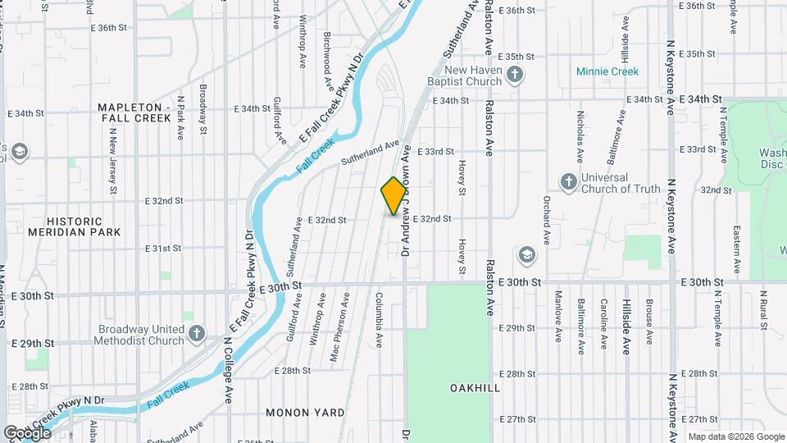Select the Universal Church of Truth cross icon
pyautogui.click(x=567, y=182)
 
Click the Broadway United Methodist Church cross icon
pyautogui.click(x=196, y=335)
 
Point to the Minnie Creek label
pyautogui.click(x=607, y=71)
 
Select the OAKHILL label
pyautogui.click(x=475, y=387)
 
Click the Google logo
pyautogui.click(x=27, y=432)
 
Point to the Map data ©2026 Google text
pyautogui.click(x=735, y=436)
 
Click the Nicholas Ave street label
pyautogui.click(x=580, y=137)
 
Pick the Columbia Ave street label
pyautogui.click(x=380, y=320)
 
